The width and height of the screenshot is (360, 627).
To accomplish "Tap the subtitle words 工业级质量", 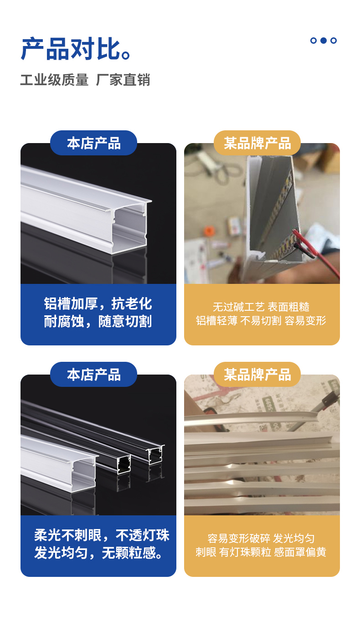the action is click(x=54, y=80).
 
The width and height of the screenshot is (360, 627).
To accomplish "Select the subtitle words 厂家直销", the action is click(x=123, y=80).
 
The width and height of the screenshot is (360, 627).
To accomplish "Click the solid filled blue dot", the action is click(x=324, y=41).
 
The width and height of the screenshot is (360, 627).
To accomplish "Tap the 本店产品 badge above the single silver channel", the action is click(x=93, y=143).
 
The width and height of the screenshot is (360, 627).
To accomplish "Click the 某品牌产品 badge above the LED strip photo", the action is click(x=257, y=143).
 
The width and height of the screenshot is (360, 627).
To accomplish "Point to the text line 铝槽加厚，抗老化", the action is click(x=98, y=303).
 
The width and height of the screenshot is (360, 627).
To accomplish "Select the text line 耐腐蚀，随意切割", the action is click(x=98, y=321).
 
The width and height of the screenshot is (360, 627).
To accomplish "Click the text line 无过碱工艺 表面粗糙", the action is click(x=261, y=307).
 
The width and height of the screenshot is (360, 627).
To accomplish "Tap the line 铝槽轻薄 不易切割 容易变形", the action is click(x=261, y=321).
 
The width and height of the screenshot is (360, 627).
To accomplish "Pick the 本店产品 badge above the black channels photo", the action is click(x=93, y=374).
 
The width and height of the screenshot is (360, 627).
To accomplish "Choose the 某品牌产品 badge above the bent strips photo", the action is click(x=257, y=374).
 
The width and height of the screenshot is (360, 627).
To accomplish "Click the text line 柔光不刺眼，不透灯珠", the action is click(x=102, y=535).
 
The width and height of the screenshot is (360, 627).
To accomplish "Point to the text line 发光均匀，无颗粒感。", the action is click(x=98, y=553).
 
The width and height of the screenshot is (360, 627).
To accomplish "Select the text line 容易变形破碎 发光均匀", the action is click(x=261, y=538).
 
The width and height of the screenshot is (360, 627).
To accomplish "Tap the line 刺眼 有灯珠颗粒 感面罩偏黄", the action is click(x=261, y=552).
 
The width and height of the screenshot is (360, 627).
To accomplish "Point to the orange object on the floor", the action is click(x=209, y=231).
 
